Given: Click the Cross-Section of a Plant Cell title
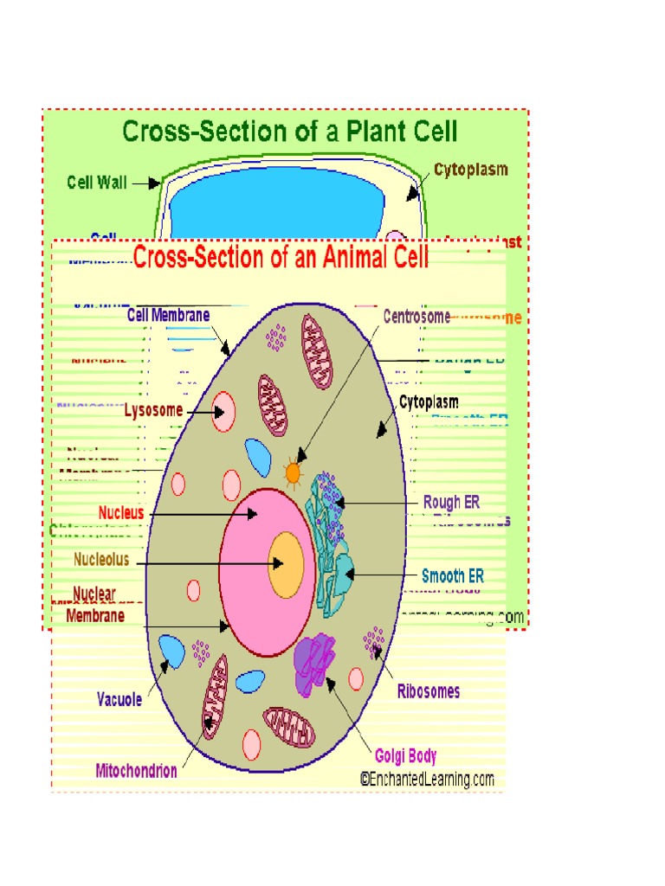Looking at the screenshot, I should (x=289, y=132).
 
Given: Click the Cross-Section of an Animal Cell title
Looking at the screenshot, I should (x=281, y=257).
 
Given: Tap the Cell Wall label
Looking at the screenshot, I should (x=96, y=183).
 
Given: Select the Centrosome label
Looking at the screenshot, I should (x=416, y=317).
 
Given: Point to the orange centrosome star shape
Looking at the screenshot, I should (x=294, y=472).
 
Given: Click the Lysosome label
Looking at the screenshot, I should (x=153, y=410).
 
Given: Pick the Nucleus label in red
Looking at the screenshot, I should (x=120, y=512).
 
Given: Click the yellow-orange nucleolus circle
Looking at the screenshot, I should (x=286, y=564).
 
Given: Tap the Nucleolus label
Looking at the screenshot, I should (x=101, y=560).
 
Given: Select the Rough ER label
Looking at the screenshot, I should (x=451, y=502).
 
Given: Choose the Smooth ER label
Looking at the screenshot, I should (x=453, y=575).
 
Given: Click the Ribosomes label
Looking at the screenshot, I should (x=429, y=691).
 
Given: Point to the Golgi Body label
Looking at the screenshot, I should (x=405, y=756).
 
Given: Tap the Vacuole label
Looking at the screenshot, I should (x=119, y=700).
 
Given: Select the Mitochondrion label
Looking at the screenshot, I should (x=137, y=770).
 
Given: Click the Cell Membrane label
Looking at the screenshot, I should (x=168, y=315).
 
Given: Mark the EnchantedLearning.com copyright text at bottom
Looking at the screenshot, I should (x=427, y=779).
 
